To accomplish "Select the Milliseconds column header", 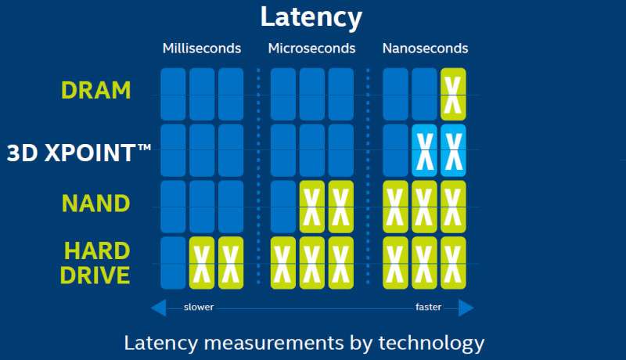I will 202,49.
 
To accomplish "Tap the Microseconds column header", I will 311,49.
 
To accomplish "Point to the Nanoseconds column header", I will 425,49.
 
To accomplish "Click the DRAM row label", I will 96,91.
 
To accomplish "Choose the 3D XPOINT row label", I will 78,152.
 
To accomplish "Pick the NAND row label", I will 96,204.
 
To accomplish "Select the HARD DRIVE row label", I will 96,263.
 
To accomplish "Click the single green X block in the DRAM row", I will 453,94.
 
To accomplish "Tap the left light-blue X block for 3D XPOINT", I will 424,150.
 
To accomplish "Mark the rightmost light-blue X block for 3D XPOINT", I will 453,150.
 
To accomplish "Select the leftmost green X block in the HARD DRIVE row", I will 202,263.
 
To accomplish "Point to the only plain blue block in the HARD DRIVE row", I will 173,263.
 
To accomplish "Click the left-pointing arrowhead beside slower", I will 158,308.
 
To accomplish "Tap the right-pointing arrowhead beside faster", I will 466,308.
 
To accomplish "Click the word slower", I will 198,308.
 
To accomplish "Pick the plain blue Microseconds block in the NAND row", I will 282,207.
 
